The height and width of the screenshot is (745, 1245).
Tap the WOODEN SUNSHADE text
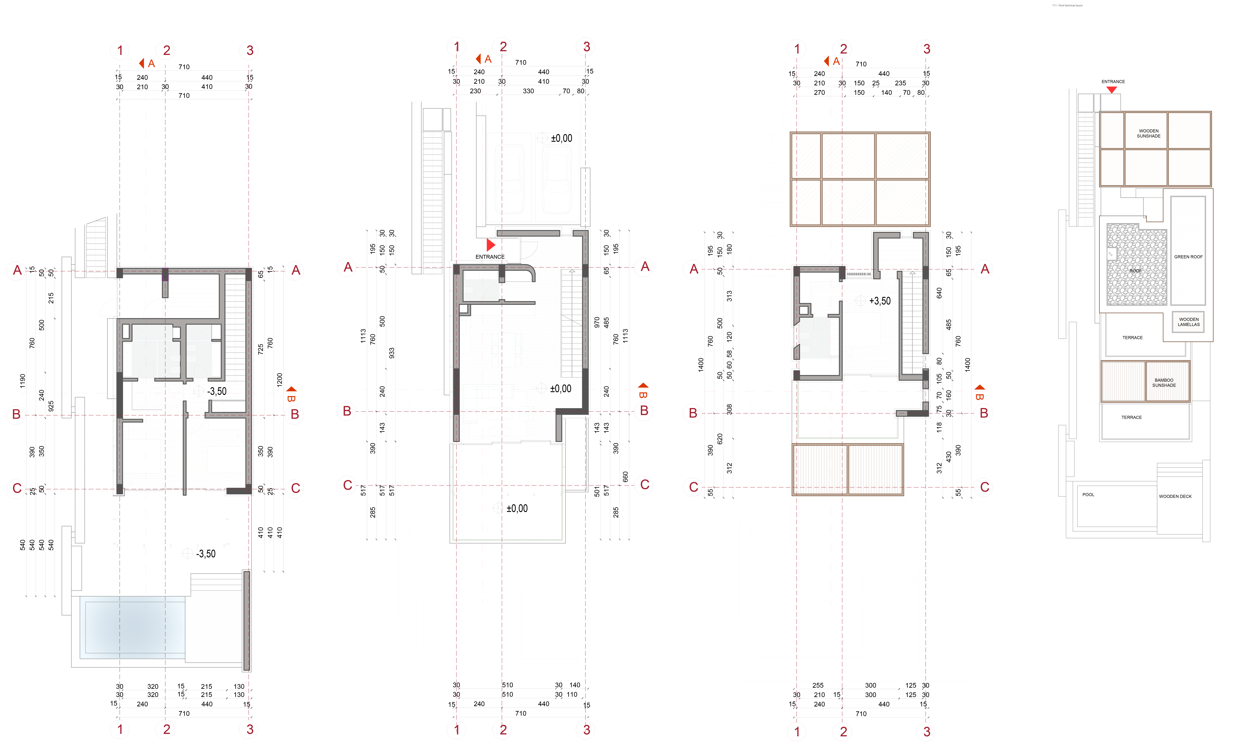tap(1149, 134)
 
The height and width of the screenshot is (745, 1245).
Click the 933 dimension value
tap(392, 353)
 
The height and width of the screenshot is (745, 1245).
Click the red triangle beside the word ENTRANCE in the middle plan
tap(491, 245)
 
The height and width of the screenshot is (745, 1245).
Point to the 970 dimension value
tap(597, 322)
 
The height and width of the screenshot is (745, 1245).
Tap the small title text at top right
tap(1067, 5)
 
